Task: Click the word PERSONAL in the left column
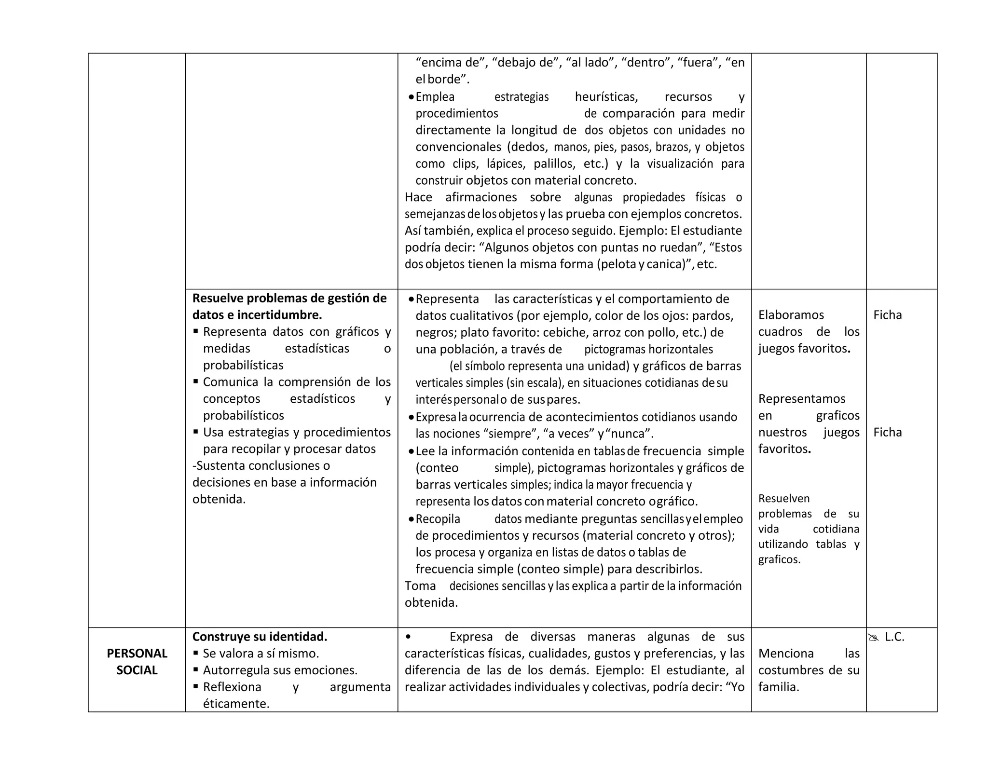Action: pyautogui.click(x=137, y=654)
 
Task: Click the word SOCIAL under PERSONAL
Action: pyautogui.click(x=137, y=670)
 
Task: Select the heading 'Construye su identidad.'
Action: pyautogui.click(x=260, y=637)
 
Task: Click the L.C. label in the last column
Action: pyautogui.click(x=894, y=637)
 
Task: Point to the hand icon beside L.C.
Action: pyautogui.click(x=874, y=638)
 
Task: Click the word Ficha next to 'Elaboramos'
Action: pyautogui.click(x=887, y=315)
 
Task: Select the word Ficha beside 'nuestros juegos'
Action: pyautogui.click(x=887, y=432)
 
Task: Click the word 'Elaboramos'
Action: pyautogui.click(x=791, y=315)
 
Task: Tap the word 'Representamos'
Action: pyautogui.click(x=801, y=399)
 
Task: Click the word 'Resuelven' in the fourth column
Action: pyautogui.click(x=784, y=499)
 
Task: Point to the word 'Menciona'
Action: pyautogui.click(x=786, y=654)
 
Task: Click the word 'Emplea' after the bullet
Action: pyautogui.click(x=435, y=97)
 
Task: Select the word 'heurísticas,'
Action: pyautogui.click(x=606, y=97)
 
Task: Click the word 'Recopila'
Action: pyautogui.click(x=438, y=519)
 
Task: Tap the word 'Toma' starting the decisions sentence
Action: pyautogui.click(x=420, y=586)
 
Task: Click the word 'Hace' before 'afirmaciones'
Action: pyautogui.click(x=418, y=197)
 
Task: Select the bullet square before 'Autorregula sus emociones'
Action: pyautogui.click(x=196, y=669)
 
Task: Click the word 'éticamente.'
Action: pyautogui.click(x=236, y=704)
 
